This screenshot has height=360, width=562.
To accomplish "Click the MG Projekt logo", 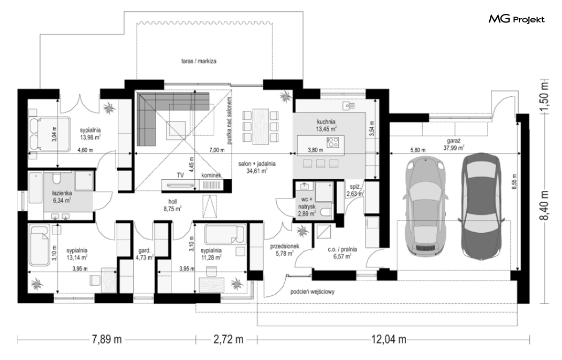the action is pos(517,19).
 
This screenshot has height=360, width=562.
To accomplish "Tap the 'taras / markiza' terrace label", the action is pos(199,62).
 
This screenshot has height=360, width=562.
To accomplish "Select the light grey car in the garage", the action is pos(426,205).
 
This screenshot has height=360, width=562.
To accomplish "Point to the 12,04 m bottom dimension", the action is pos(389,339).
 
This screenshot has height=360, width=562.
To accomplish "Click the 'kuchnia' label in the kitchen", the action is pos(326,122).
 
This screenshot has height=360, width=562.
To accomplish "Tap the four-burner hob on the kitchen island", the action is pos(333,142).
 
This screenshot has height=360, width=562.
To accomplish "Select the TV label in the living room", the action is pos(180,175).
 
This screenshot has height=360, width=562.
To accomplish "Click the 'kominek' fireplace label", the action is pos(211,175).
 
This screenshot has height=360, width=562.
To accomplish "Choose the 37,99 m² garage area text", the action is pos(454,147).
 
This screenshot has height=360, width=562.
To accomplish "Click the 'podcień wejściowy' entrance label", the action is pos(312,292).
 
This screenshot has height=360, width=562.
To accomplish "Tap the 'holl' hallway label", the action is pos(172,202).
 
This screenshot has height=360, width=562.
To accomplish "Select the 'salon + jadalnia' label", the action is pos(257,164).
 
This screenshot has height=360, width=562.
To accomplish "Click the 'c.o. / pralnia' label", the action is pos(343,249).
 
